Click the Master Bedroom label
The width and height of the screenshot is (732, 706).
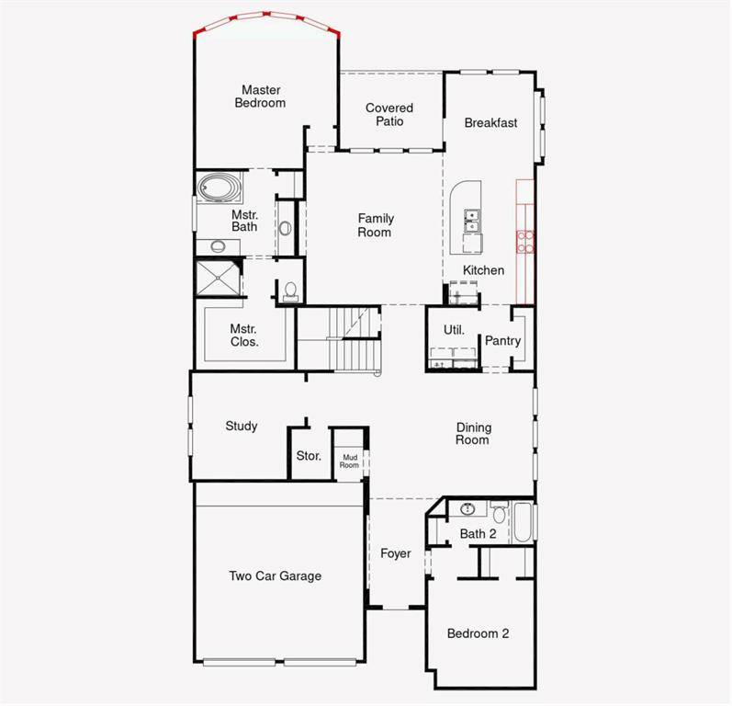point(260,97)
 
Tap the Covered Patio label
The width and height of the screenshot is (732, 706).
point(389,114)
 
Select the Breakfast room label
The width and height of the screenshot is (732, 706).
point(490,122)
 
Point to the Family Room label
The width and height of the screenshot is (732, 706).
point(376,225)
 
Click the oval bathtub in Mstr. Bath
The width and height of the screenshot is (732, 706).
point(220,189)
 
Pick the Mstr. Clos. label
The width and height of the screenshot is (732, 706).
point(244,335)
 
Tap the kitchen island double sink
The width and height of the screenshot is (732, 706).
point(471,221)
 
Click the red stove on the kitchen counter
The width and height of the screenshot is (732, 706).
point(526,241)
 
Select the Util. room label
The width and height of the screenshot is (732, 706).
point(454,329)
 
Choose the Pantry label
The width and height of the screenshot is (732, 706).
point(502,340)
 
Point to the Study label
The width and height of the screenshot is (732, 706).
point(242,427)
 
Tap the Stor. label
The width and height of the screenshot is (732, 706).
point(309,456)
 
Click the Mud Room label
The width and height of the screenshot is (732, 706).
point(350,461)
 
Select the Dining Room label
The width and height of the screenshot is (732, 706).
point(473,434)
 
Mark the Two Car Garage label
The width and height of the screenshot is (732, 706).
point(276,576)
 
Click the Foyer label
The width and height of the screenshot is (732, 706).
point(396,553)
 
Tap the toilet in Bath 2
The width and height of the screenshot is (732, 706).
point(499,512)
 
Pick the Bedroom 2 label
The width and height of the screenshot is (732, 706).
point(478,633)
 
